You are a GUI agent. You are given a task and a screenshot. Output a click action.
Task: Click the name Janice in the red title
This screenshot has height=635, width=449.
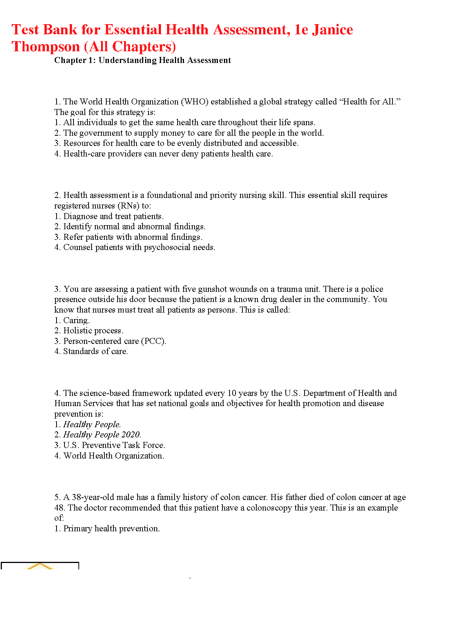[x=332, y=30]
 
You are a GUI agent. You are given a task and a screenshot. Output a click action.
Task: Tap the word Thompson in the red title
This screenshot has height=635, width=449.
[x=46, y=47]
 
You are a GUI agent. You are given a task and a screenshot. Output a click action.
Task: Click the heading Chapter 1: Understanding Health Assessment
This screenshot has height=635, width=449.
[x=143, y=60]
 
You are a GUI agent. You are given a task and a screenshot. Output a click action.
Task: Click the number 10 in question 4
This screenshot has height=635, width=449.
[x=232, y=393]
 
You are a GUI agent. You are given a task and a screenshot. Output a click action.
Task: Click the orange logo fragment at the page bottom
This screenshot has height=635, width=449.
[x=40, y=566]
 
